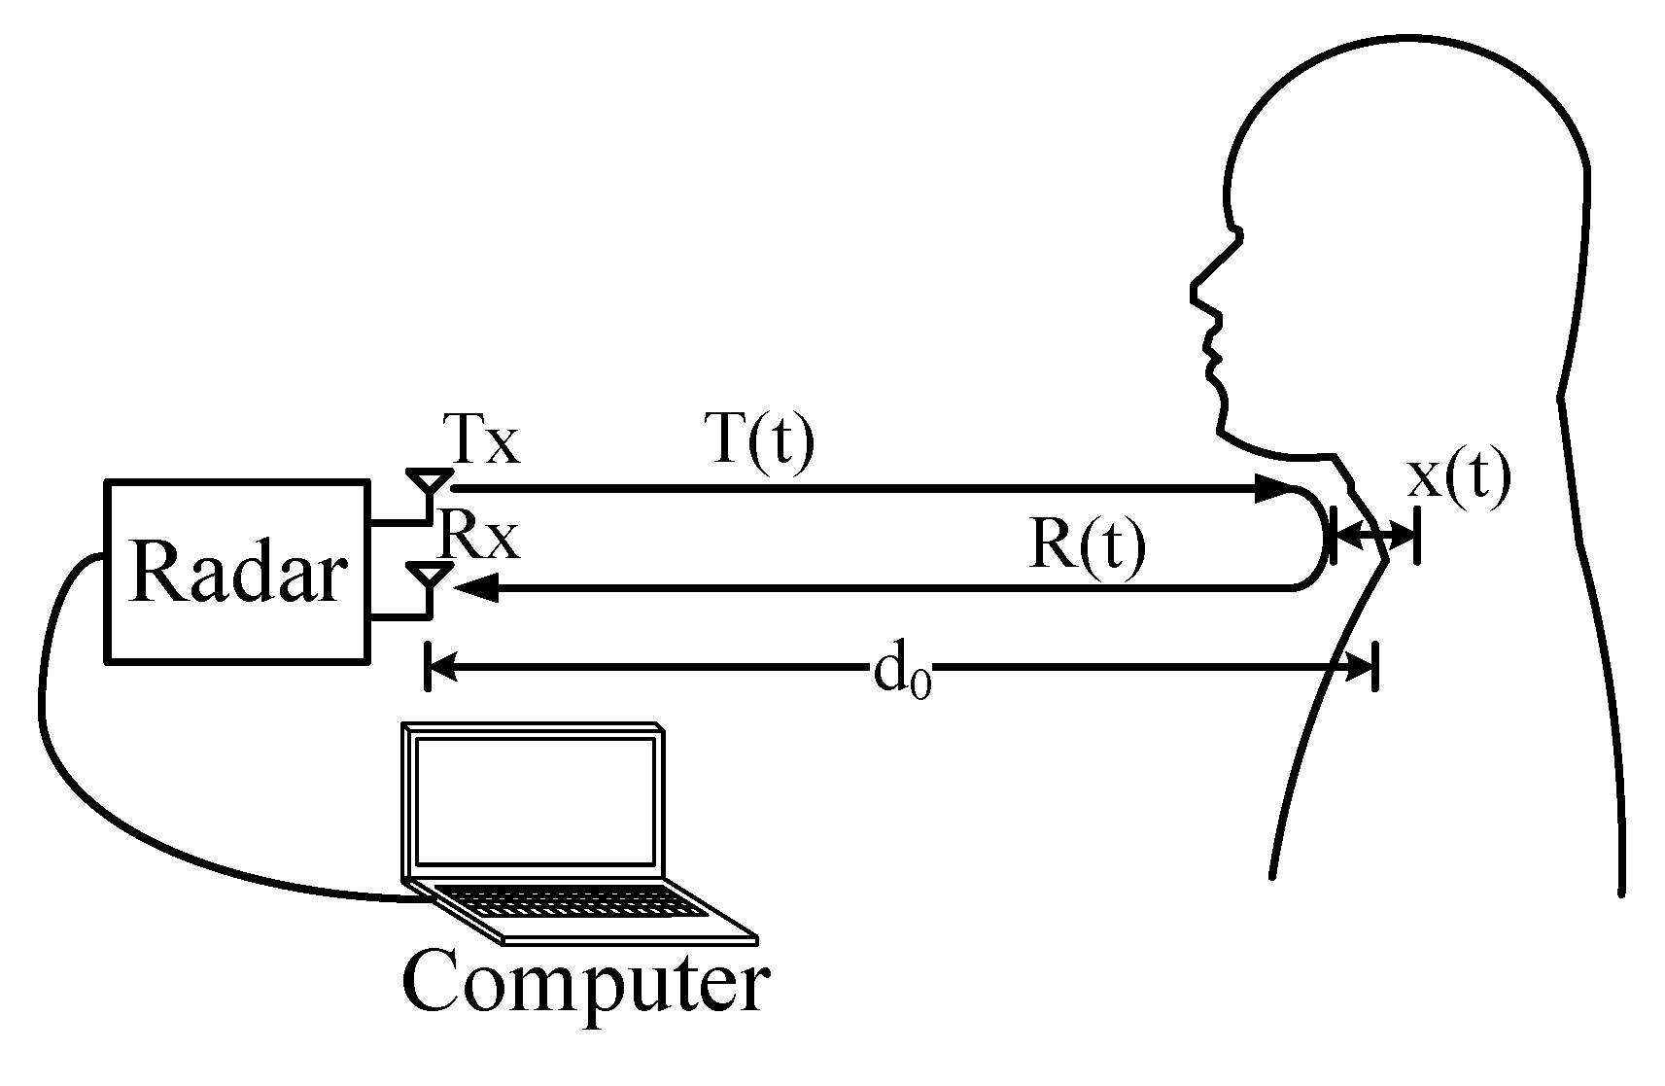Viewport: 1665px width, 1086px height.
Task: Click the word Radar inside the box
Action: point(237,573)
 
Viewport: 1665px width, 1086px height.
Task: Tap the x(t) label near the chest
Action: point(1459,477)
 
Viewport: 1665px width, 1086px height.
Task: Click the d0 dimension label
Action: point(903,672)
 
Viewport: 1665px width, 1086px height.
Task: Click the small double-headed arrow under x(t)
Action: point(1374,534)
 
